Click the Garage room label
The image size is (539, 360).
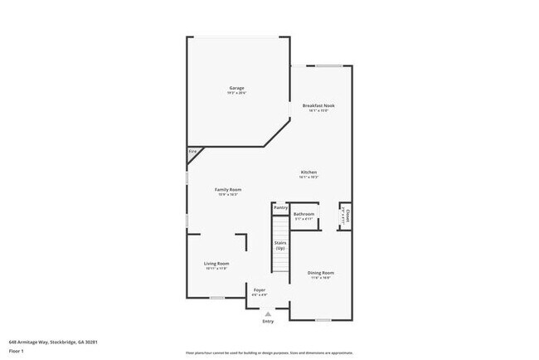point(236,88)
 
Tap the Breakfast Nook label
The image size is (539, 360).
point(319,106)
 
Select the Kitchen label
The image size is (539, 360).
point(308,172)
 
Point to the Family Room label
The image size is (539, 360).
point(227,190)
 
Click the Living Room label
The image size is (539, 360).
point(216,264)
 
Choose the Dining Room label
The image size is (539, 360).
point(320,272)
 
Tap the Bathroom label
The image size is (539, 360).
point(303,214)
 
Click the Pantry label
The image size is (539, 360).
point(280,207)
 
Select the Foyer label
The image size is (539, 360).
point(260,289)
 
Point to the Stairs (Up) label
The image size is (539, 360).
point(280,246)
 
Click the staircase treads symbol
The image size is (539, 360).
point(280,265)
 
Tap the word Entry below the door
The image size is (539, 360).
point(268,321)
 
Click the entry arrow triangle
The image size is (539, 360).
point(268,314)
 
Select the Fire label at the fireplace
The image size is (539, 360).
point(192,152)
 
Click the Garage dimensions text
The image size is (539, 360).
point(236,93)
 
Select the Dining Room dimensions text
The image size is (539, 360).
point(320,278)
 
